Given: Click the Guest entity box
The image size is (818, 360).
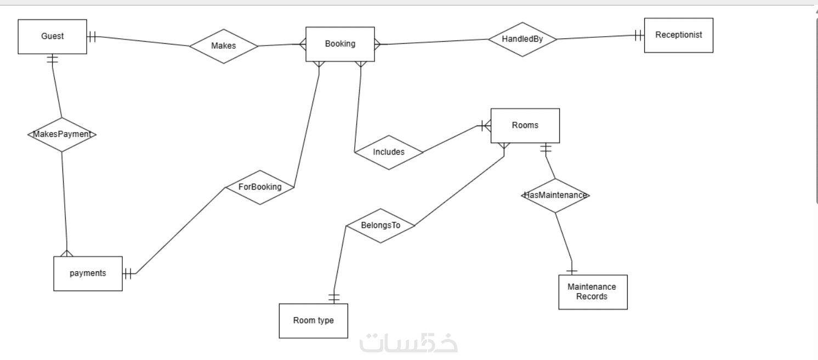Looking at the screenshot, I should [52, 37].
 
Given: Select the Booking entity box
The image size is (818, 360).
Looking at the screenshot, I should [340, 44].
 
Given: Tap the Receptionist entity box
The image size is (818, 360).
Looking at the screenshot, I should [678, 35].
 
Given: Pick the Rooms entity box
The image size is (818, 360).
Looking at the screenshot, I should [525, 125].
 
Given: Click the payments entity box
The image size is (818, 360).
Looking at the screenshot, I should [88, 273].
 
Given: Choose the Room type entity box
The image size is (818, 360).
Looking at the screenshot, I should [313, 321].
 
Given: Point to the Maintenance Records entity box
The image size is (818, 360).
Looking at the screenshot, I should [593, 292].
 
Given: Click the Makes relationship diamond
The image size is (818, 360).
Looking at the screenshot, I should [223, 46].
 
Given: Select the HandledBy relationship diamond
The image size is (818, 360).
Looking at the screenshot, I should [522, 39].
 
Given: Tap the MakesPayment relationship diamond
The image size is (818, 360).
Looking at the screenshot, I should [61, 134].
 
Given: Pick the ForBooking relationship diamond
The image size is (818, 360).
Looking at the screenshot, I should [260, 187].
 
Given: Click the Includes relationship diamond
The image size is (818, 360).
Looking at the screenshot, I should [388, 152].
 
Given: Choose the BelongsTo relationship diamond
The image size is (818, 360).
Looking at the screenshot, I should [380, 225].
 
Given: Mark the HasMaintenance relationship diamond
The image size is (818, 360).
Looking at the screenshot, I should [555, 195].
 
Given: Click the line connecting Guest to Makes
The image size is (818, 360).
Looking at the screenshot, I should [143, 41].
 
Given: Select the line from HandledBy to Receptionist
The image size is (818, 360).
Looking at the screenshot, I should [598, 37].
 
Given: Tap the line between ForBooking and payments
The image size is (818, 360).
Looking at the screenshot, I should [181, 230].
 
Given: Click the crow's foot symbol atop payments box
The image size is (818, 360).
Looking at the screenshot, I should [67, 253].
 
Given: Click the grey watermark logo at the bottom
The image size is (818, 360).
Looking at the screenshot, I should [408, 342].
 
